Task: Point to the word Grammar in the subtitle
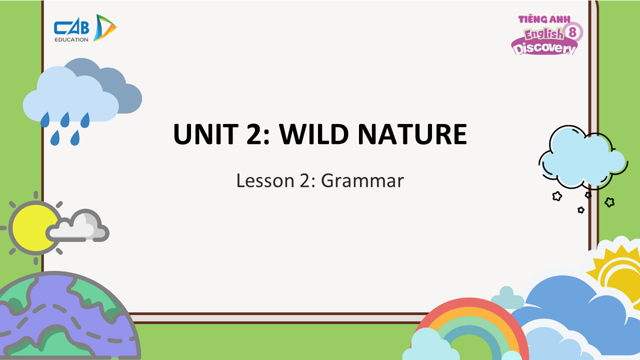(x=362, y=180)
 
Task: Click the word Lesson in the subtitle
(x=265, y=180)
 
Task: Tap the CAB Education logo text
(x=71, y=31)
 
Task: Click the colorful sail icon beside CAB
(x=104, y=27)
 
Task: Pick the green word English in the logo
(x=543, y=34)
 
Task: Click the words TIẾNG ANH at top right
(x=544, y=19)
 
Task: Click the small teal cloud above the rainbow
(x=507, y=298)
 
